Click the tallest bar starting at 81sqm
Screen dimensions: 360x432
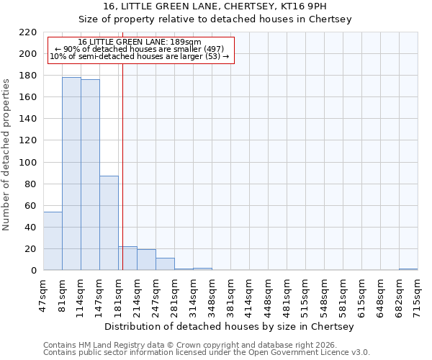tap(71, 174)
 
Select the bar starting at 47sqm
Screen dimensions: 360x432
tap(53, 241)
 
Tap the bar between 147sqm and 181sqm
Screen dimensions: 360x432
tap(109, 223)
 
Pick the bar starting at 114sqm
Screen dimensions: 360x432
tap(90, 175)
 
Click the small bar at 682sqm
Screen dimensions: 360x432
tap(408, 269)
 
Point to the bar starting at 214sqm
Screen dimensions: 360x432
tap(146, 260)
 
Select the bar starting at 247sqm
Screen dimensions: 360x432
tap(165, 264)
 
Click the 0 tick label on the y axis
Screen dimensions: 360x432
tap(34, 271)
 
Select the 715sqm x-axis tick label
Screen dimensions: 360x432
tap(418, 295)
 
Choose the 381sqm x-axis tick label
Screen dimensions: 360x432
tap(230, 295)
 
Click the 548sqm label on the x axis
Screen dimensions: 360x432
tap(324, 295)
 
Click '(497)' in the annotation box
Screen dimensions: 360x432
tap(213, 49)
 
